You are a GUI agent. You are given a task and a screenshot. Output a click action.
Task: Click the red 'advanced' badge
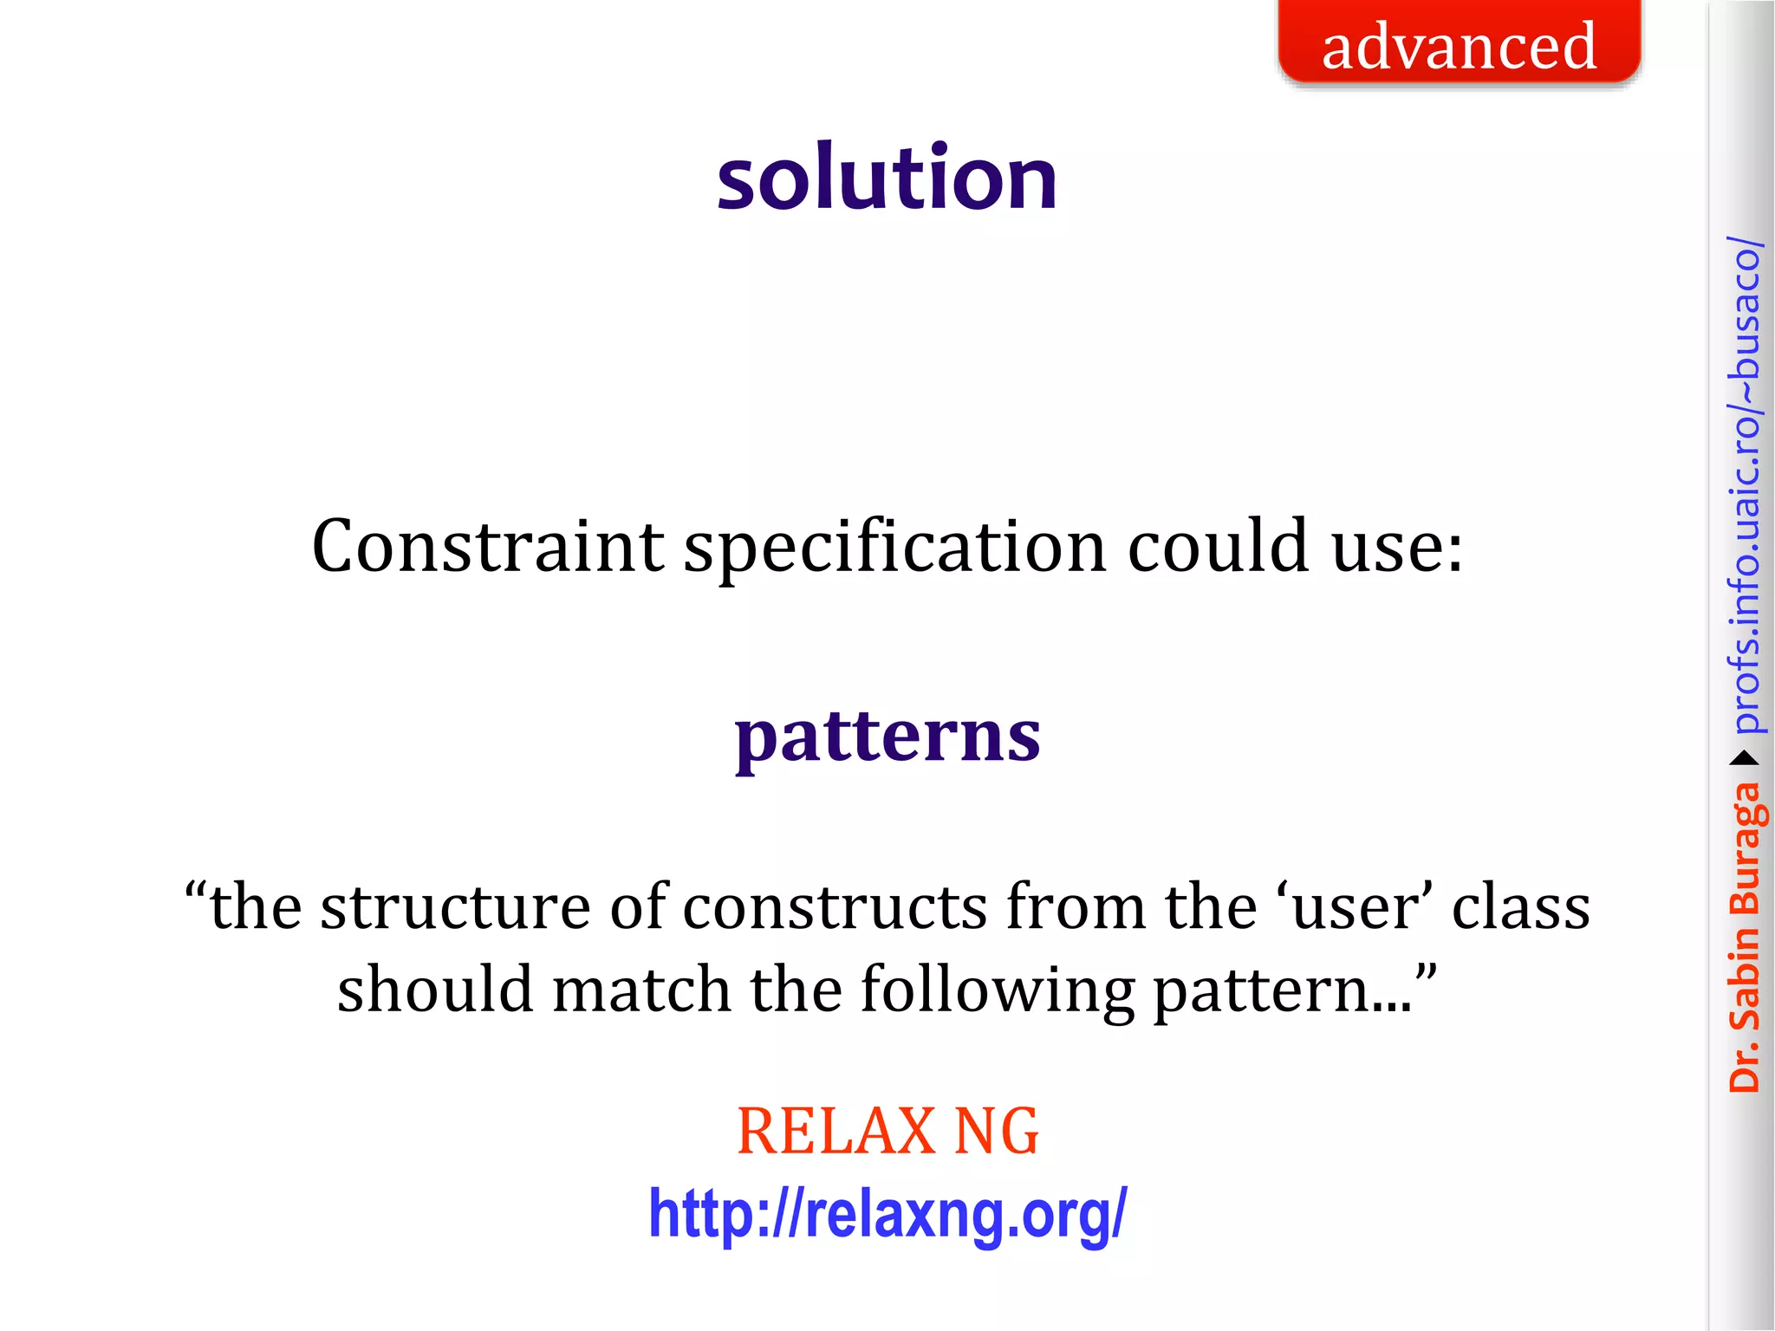coord(1459,43)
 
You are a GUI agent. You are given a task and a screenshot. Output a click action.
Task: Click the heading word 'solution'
coord(887,178)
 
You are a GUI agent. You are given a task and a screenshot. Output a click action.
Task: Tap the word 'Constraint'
coord(487,547)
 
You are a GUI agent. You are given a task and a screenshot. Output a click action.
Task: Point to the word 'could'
coord(1218,547)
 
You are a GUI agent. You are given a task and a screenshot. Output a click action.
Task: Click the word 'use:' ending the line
coord(1397,549)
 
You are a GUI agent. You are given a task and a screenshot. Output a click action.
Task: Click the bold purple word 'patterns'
coord(887,737)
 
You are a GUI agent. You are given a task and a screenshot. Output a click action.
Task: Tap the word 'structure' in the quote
coord(456,908)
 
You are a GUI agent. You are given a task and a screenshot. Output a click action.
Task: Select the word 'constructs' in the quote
coord(835,908)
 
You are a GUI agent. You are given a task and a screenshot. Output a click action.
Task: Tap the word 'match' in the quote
coord(641,990)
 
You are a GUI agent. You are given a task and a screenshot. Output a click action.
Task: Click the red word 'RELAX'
coord(835,1132)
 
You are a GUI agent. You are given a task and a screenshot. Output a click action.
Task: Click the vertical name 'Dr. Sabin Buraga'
coord(1744,936)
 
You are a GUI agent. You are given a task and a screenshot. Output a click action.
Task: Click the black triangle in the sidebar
coord(1744,759)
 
